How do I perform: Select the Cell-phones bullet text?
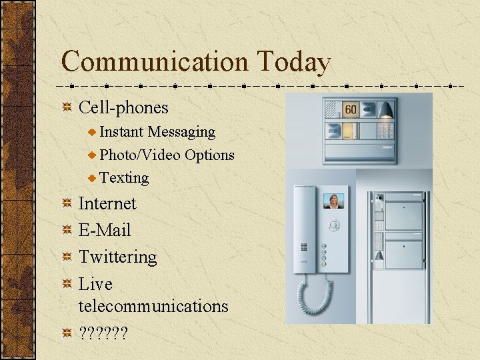[x=123, y=107]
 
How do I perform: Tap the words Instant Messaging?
[x=157, y=132]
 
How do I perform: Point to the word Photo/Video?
[x=140, y=155]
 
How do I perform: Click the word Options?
[x=209, y=155]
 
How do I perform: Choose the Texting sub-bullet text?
[x=124, y=177]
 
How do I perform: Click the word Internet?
[x=107, y=203]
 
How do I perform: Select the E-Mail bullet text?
[x=105, y=230]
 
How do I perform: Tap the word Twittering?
[x=118, y=257]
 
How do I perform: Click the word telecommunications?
[x=153, y=306]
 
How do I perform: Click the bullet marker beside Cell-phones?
[x=67, y=108]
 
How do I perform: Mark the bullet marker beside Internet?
[x=67, y=204]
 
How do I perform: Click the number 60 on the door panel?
[x=351, y=109]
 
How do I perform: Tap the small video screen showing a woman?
[x=333, y=201]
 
